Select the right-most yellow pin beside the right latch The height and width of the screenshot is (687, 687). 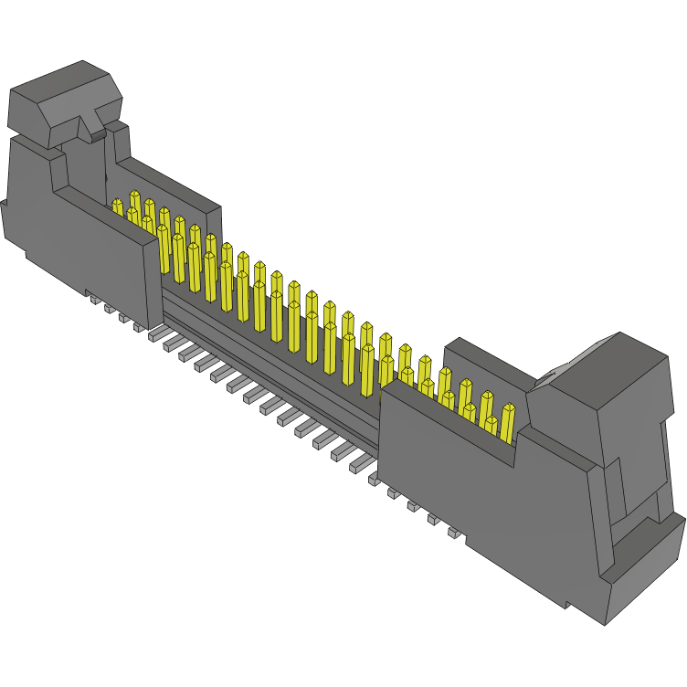(507, 422)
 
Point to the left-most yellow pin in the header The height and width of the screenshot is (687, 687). (117, 207)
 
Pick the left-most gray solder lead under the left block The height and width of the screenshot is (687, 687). (94, 299)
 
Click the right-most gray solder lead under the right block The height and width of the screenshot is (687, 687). (454, 532)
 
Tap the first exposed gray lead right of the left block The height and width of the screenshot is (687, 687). (155, 335)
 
